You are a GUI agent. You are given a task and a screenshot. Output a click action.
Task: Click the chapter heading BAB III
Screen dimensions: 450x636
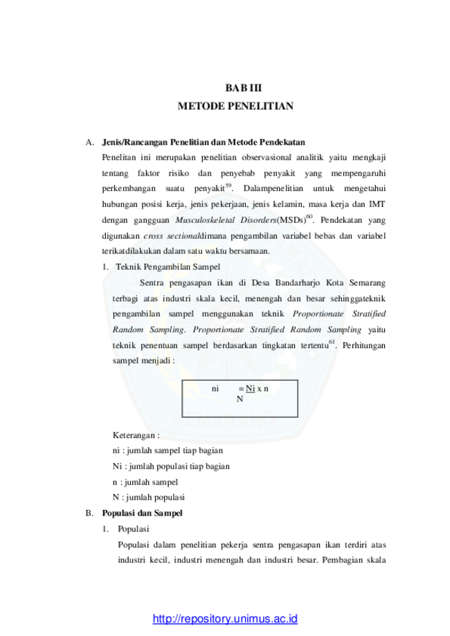pyautogui.click(x=244, y=88)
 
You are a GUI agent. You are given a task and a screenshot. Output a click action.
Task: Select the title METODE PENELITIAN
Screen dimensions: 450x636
pyautogui.click(x=235, y=106)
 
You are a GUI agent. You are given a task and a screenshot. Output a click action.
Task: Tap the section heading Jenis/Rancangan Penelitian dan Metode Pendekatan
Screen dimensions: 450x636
pyautogui.click(x=204, y=143)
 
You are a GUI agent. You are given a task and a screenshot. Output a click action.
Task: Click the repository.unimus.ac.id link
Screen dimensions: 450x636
pyautogui.click(x=225, y=619)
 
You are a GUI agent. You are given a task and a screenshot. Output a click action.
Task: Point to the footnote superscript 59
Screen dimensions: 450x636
pyautogui.click(x=228, y=185)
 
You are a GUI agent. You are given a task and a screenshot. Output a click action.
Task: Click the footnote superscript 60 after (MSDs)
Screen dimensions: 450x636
pyautogui.click(x=309, y=217)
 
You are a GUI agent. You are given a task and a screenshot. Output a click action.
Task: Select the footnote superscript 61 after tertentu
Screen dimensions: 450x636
pyautogui.click(x=332, y=343)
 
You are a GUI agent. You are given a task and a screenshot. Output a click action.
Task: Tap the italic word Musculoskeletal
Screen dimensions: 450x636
pyautogui.click(x=205, y=220)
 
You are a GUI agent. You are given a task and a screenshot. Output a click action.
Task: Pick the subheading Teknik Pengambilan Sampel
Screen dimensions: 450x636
pyautogui.click(x=168, y=267)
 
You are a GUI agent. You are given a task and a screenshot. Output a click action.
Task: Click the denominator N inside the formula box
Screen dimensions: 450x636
pyautogui.click(x=240, y=399)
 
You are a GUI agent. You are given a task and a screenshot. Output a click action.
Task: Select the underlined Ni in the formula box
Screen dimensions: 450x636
pyautogui.click(x=251, y=388)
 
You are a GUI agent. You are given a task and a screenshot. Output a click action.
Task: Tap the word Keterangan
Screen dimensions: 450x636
pyautogui.click(x=134, y=435)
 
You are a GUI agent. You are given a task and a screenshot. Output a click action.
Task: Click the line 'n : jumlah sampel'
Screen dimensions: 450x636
pyautogui.click(x=145, y=482)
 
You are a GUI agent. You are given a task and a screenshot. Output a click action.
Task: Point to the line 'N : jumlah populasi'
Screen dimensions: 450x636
pyautogui.click(x=149, y=498)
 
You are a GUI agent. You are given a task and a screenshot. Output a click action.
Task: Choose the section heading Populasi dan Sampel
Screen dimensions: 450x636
pyautogui.click(x=142, y=513)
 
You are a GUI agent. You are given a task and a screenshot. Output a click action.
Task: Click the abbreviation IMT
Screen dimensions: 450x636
pyautogui.click(x=377, y=204)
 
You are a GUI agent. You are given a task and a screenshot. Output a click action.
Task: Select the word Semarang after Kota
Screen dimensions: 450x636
pyautogui.click(x=367, y=283)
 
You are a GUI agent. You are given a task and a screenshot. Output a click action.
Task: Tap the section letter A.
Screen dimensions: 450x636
pyautogui.click(x=90, y=143)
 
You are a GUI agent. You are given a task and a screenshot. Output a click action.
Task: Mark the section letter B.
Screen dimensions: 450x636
pyautogui.click(x=89, y=513)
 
